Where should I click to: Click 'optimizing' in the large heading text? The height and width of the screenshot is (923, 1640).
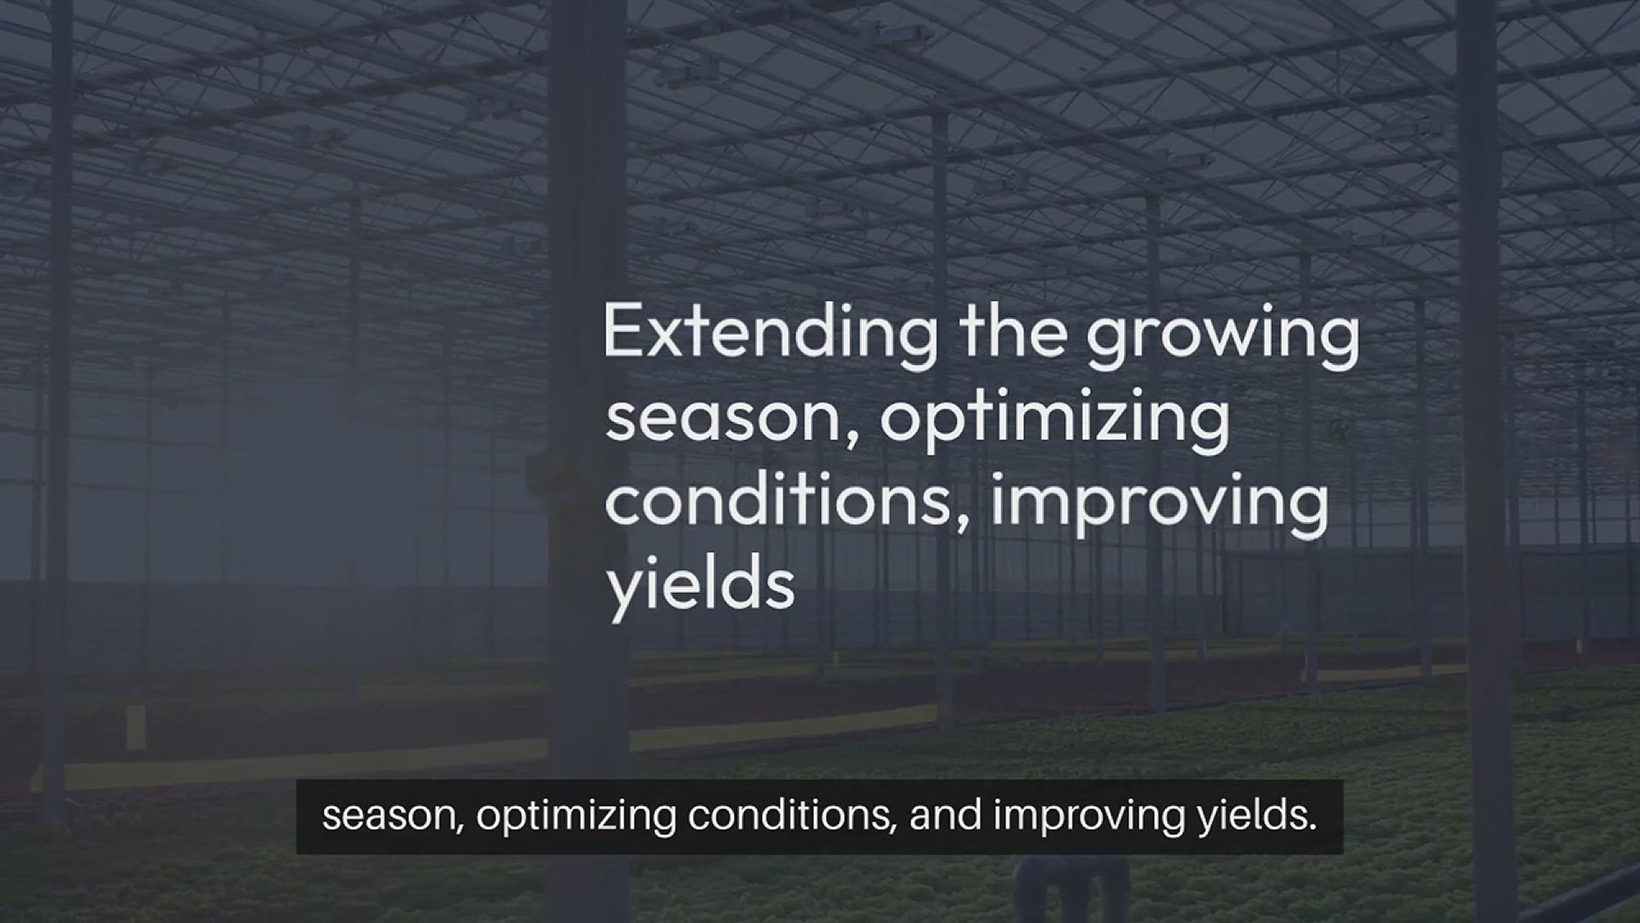tap(1056, 419)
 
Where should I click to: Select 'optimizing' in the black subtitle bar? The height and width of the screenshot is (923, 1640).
tap(577, 817)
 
